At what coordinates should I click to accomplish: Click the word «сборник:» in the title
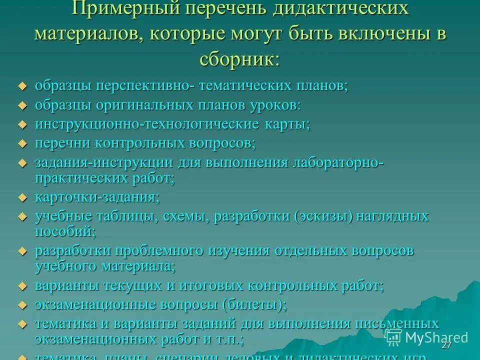240,59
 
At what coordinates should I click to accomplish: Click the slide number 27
446,346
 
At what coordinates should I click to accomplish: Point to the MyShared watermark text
436,337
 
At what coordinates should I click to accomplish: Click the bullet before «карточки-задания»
21,198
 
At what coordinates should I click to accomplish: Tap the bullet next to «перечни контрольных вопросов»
21,144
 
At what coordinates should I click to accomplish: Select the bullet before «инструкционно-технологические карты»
21,124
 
